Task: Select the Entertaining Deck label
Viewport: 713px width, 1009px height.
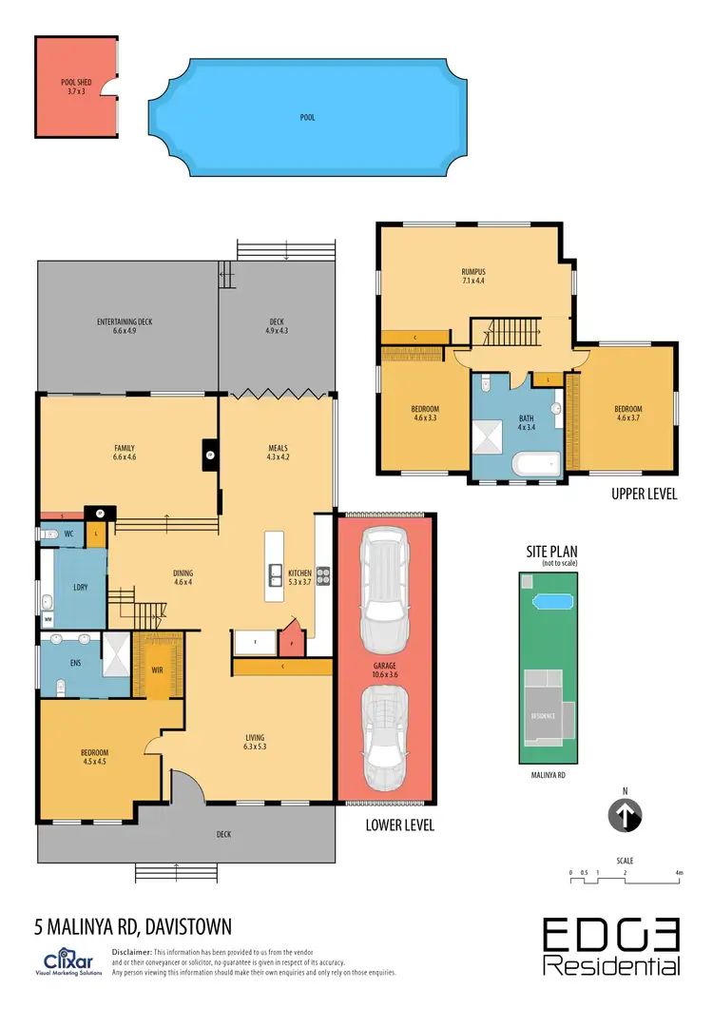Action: point(125,322)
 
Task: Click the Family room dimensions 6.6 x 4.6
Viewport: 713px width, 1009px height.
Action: point(125,457)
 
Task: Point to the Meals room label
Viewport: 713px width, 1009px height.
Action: point(277,448)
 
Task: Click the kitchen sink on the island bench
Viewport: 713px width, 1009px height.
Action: point(274,573)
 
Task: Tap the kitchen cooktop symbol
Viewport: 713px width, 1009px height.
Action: point(322,573)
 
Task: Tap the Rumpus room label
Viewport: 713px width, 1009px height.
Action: point(473,271)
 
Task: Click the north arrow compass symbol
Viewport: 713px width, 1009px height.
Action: point(625,814)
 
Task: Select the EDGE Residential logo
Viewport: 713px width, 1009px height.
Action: point(611,947)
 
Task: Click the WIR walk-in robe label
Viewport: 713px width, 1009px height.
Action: point(157,669)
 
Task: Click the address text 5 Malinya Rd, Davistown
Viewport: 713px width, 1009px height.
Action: point(132,925)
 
